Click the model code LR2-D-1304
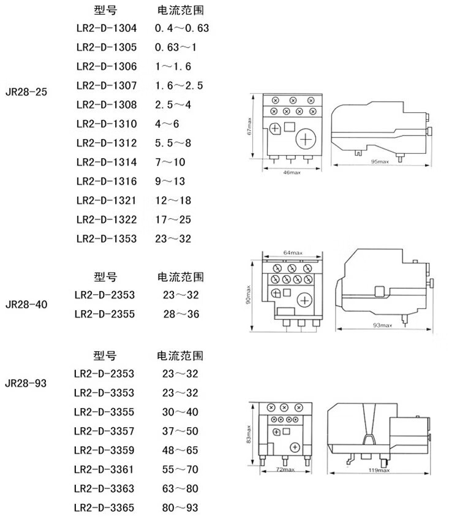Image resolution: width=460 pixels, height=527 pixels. tap(107, 28)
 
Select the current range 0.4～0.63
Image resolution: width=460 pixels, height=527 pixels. tap(182, 28)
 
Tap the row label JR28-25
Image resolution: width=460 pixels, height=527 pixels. tap(26, 92)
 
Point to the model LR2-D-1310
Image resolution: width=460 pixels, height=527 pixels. tap(107, 124)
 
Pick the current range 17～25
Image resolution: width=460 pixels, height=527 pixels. tap(173, 219)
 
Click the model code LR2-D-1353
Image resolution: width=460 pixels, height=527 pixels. tap(107, 238)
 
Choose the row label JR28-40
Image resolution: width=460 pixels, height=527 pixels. tap(26, 304)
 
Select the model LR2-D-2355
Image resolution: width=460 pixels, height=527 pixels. tap(104, 314)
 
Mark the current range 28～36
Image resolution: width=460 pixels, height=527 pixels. tap(181, 314)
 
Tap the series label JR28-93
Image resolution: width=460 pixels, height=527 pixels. tap(26, 384)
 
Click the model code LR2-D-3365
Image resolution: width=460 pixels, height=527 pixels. tap(104, 508)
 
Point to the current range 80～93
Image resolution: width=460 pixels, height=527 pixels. tap(181, 508)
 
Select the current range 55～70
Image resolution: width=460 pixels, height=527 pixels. tap(181, 469)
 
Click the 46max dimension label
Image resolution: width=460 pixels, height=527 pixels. tap(292, 173)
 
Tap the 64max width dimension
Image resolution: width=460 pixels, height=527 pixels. tap(293, 252)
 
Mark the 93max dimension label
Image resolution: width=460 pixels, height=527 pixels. tap(383, 325)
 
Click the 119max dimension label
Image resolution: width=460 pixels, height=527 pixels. tap(380, 471)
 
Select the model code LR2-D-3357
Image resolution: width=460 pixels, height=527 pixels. tap(104, 431)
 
